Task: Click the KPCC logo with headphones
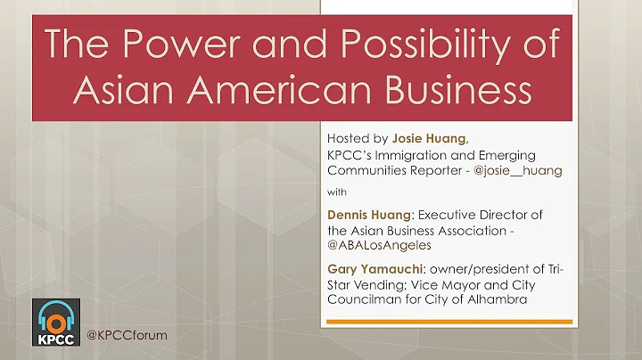tap(55, 323)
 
